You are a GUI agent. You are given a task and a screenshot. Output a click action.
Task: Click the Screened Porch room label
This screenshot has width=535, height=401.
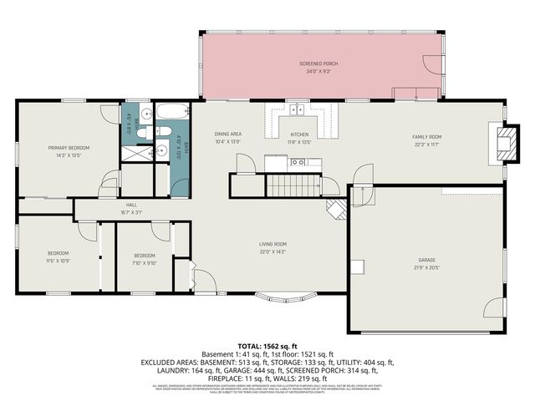(318, 63)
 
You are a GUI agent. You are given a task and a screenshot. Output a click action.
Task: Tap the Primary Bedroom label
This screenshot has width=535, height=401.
(68, 148)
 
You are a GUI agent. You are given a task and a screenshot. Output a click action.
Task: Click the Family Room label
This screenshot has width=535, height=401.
(425, 136)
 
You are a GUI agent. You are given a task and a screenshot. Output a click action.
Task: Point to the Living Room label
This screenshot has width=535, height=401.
(273, 244)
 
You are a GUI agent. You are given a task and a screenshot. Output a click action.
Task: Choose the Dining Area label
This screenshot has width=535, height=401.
(227, 134)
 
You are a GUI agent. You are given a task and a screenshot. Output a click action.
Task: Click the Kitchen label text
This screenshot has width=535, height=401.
(299, 134)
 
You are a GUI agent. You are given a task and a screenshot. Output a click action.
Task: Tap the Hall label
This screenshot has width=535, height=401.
(131, 205)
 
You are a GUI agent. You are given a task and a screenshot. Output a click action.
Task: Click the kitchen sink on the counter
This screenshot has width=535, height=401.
(298, 108)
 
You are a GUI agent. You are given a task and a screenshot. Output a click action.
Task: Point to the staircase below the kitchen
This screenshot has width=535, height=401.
(293, 185)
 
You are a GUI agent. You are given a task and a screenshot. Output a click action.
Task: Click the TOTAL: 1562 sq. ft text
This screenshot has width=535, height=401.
(267, 345)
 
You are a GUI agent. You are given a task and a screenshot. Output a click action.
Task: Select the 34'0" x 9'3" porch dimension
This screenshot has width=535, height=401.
(318, 72)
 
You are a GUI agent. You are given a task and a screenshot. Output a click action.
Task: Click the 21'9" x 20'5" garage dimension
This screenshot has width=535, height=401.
(426, 268)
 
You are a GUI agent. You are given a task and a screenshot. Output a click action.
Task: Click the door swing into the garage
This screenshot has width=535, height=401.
(361, 193)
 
